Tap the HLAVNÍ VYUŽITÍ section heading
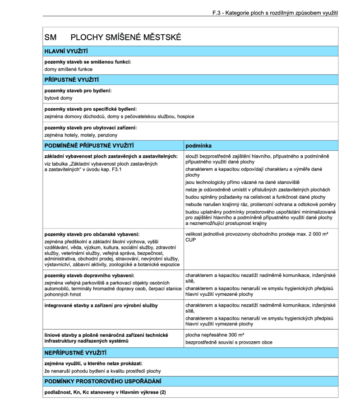tap(66, 51)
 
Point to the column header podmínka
tap(198, 146)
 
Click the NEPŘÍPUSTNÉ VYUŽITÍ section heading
tap(75, 352)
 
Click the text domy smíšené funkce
tap(69, 69)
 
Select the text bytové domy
tap(58, 98)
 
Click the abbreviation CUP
tap(190, 240)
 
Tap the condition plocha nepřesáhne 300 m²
tap(215, 335)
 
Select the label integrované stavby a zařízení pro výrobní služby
tap(101, 306)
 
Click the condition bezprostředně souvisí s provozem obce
tap(229, 342)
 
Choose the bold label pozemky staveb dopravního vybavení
tap(89, 275)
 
